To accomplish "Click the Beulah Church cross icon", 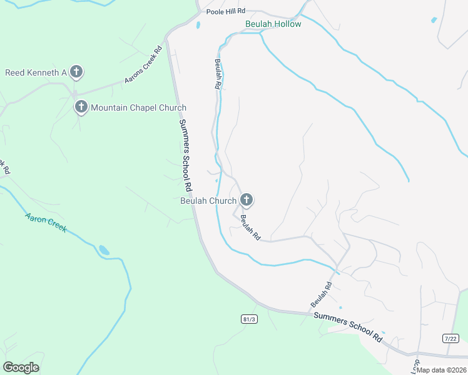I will point(247,200).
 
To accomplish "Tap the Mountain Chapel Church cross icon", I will point(81,107).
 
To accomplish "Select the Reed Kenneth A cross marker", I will point(76,72).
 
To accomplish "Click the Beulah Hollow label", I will point(273,24).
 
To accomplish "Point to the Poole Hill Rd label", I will point(226,11).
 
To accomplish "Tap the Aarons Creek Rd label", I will point(143,64).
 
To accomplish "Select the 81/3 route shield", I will point(249,319).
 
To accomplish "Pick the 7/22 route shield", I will point(450,338).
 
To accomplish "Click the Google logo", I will point(21,367).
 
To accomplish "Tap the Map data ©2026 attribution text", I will point(441,369).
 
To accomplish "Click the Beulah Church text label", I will point(208,201).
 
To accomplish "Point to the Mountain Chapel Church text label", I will point(138,107).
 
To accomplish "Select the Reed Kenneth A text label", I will point(36,72).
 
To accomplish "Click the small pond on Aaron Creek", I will point(103,250).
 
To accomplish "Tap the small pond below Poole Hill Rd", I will point(198,26).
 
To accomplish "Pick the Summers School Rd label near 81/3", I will point(348,326).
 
